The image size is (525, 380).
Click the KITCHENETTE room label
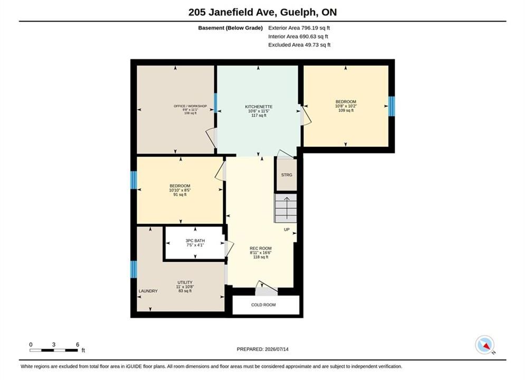[259, 107]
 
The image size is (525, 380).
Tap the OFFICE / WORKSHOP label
[190, 106]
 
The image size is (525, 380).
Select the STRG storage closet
[287, 175]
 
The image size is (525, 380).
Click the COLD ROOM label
[263, 305]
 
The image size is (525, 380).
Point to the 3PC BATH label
[195, 241]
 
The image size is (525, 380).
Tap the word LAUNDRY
[148, 291]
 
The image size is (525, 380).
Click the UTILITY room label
[185, 282]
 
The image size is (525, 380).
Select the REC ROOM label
[261, 249]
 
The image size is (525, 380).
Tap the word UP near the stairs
[287, 230]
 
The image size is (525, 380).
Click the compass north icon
[485, 345]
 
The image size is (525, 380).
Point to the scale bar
[54, 350]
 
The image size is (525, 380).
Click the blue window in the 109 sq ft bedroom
[392, 106]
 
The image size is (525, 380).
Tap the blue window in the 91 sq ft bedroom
[133, 180]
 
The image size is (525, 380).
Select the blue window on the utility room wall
[133, 269]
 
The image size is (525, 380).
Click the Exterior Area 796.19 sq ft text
[299, 28]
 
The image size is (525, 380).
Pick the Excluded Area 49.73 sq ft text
[299, 44]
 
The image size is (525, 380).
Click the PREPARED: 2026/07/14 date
[263, 349]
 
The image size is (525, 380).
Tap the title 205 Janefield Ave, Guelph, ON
[263, 12]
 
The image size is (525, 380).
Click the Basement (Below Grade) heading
[231, 28]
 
